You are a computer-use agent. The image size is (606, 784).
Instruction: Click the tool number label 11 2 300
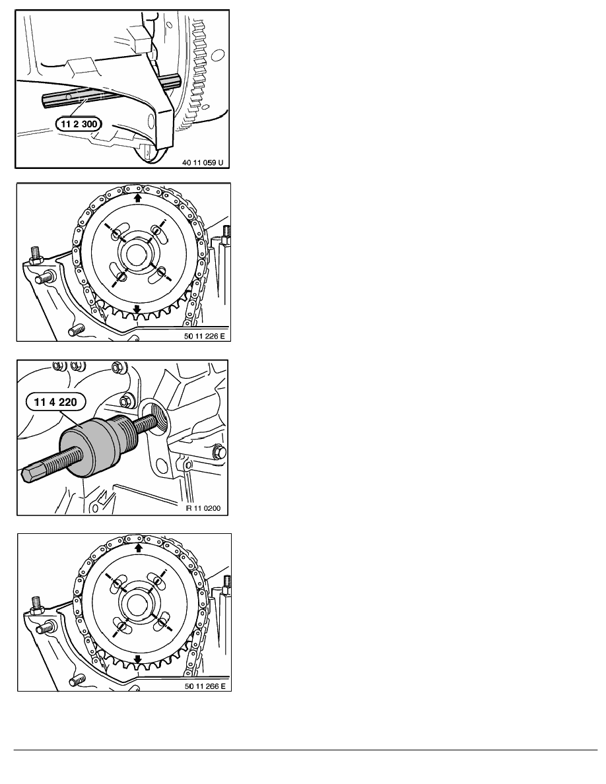click(x=74, y=123)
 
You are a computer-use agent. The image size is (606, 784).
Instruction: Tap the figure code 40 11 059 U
click(x=204, y=160)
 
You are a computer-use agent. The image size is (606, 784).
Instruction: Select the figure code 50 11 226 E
click(x=203, y=334)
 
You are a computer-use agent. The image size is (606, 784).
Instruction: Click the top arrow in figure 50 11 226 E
click(x=137, y=197)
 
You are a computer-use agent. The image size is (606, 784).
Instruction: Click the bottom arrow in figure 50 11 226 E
click(x=137, y=308)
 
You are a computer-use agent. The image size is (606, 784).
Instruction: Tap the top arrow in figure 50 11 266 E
click(x=137, y=547)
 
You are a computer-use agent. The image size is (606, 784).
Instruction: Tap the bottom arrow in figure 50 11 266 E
click(x=137, y=659)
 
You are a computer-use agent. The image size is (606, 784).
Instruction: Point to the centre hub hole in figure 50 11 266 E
click(x=137, y=603)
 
